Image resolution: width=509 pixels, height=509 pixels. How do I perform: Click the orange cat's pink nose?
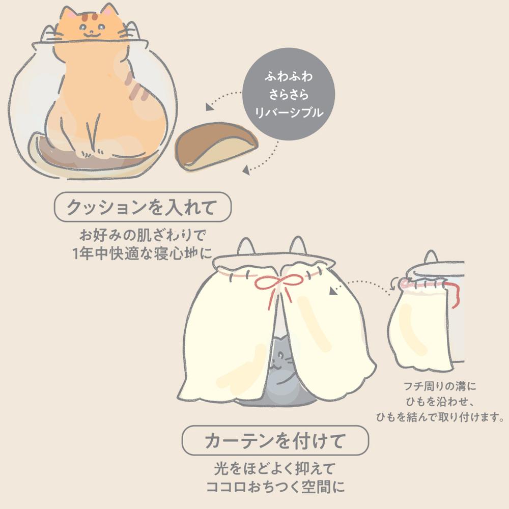pos(90,30)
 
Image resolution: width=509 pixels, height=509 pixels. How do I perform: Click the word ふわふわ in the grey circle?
pos(288,78)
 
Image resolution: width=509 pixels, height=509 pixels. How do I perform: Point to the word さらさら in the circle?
pos(288,95)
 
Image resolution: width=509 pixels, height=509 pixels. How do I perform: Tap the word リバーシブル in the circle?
pos(289,112)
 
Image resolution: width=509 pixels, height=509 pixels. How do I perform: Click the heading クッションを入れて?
pos(143,207)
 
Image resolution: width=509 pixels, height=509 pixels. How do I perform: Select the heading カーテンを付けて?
pos(275,441)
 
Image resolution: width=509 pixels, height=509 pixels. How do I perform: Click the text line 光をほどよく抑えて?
pos(275,468)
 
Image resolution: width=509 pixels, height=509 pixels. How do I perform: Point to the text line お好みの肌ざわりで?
pos(142,236)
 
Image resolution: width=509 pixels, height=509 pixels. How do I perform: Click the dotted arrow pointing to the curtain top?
pos(359,284)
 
